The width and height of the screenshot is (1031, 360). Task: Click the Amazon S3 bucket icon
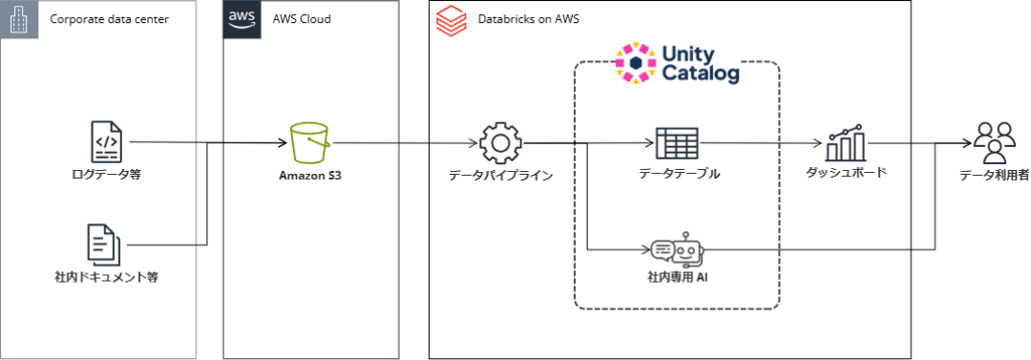tap(309, 144)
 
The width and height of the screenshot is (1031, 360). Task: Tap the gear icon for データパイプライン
tap(500, 143)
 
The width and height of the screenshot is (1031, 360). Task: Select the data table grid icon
tap(678, 143)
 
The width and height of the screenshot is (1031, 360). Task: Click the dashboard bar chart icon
tap(846, 143)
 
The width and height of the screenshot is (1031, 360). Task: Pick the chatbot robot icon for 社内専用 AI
tap(677, 251)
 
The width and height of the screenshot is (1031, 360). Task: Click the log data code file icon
tap(105, 141)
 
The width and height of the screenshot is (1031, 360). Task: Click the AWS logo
tap(242, 19)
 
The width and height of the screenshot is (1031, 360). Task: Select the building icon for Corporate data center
tap(19, 19)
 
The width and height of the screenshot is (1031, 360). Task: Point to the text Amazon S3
tap(310, 176)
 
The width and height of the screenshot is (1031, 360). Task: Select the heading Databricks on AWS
tap(522, 19)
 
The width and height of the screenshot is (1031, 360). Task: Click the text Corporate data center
tap(109, 19)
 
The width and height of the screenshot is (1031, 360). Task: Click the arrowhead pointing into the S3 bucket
tap(284, 144)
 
